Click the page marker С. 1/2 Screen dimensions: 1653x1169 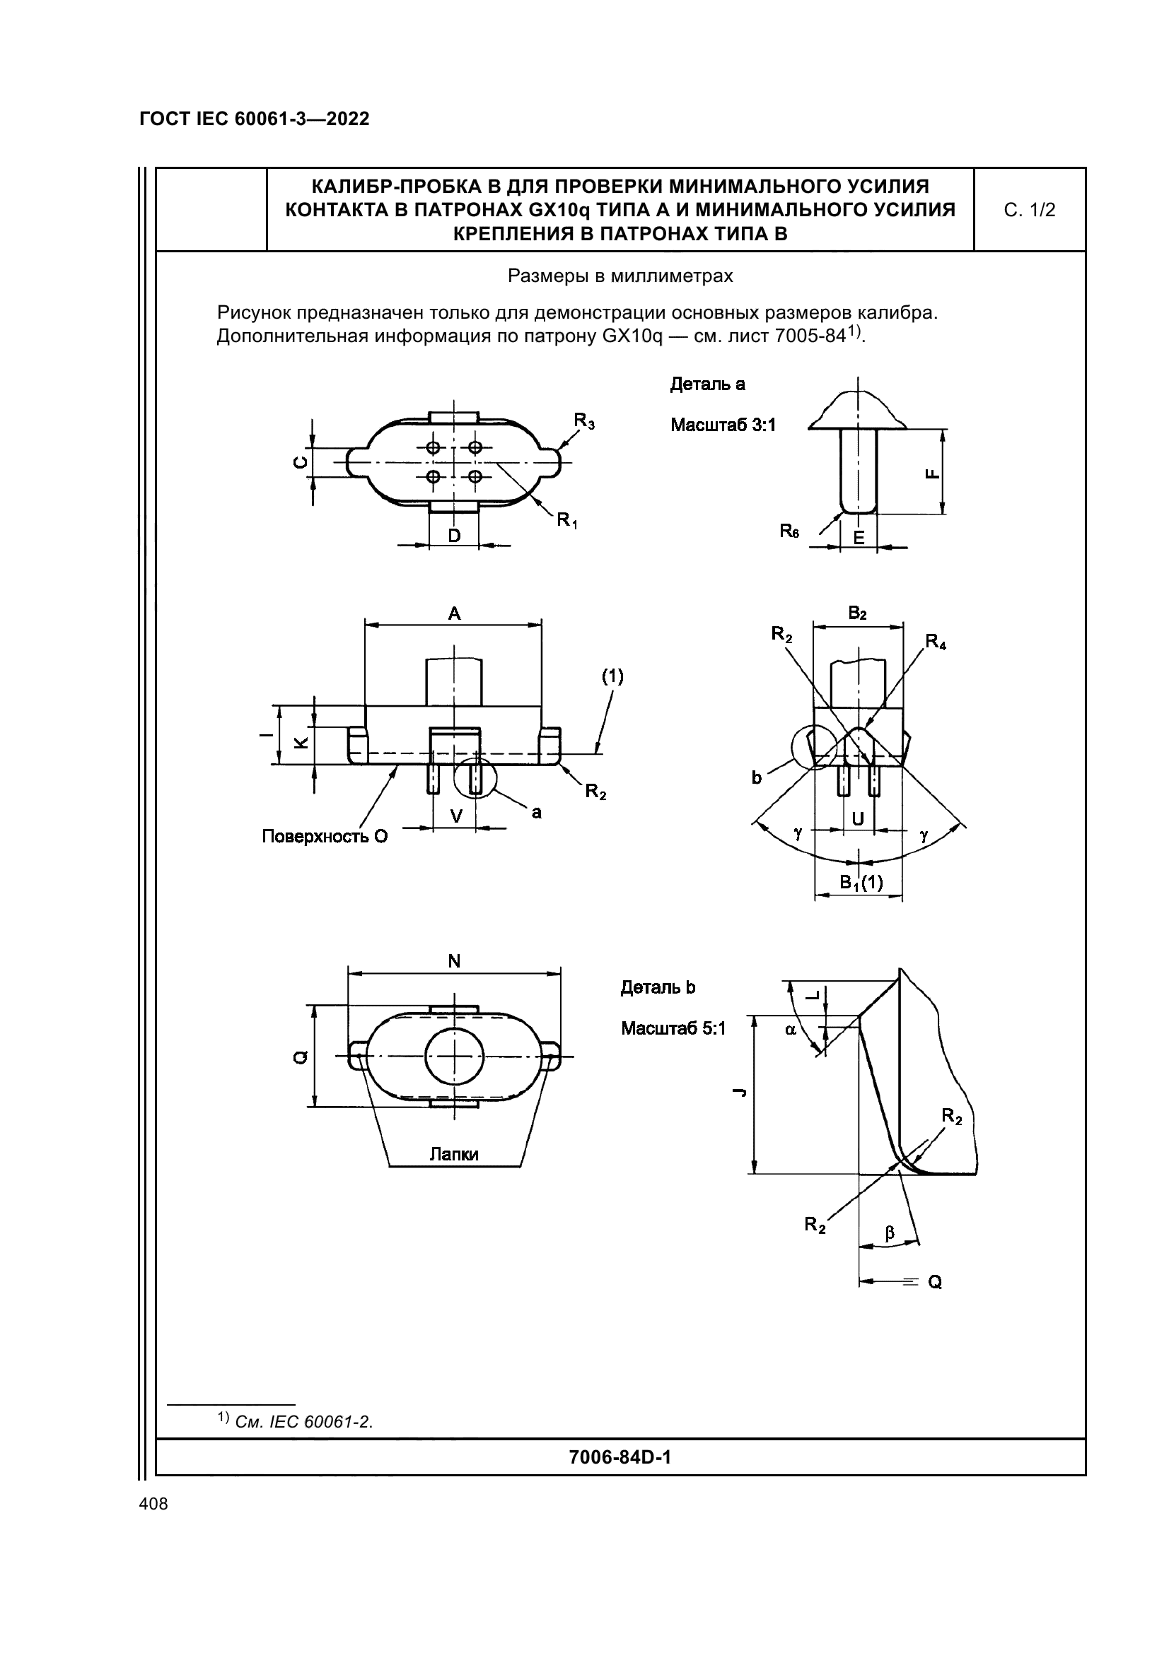(1029, 210)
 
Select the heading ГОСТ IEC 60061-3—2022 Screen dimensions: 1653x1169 (255, 119)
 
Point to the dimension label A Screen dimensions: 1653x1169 (454, 614)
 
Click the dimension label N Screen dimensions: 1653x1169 (454, 961)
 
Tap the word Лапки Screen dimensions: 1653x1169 (454, 1154)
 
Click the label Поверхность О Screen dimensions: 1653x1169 (324, 836)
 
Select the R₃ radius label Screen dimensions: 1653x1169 (584, 420)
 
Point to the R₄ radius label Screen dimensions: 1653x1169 (936, 642)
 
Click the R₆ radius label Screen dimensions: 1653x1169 (789, 531)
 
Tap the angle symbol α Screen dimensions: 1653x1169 (791, 1030)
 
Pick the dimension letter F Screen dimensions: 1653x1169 (932, 473)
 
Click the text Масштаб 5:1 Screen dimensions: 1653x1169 (673, 1028)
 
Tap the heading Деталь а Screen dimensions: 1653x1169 (707, 384)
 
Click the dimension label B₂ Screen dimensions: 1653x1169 (857, 613)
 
